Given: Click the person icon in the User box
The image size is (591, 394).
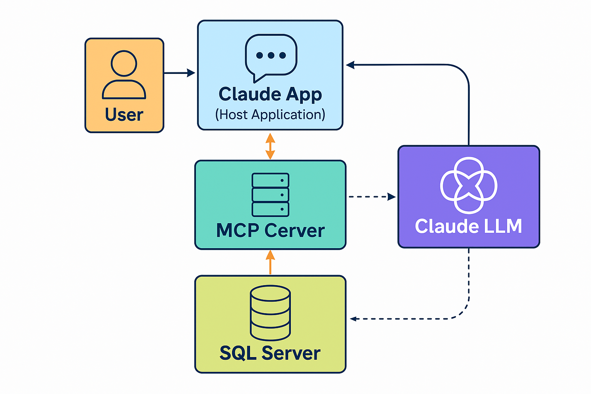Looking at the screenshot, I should [124, 75].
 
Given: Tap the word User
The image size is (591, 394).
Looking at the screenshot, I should [124, 115].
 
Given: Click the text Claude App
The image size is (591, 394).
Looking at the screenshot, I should [270, 94].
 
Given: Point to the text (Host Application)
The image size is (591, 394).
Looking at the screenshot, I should [270, 115].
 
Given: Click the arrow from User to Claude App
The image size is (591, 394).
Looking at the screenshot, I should [180, 73].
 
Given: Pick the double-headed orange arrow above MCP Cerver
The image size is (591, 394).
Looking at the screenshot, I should [270, 146].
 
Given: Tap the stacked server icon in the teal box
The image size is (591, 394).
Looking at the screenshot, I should [270, 195].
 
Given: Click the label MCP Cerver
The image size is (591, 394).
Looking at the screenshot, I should [270, 230].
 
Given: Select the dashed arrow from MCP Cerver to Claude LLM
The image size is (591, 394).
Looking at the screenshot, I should [372, 197].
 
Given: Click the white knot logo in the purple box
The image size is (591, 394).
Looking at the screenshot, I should [469, 185].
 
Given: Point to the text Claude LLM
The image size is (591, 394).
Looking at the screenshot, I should [468, 226].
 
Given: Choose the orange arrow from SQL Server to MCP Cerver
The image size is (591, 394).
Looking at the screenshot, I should [270, 262].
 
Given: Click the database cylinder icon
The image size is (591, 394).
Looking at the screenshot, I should [270, 312].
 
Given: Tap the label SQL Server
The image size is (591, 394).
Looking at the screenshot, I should [270, 353].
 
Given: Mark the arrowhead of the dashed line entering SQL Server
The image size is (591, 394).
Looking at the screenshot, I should [353, 319].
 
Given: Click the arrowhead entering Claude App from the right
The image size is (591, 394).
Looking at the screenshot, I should [350, 65].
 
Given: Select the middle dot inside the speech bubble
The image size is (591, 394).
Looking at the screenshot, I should [271, 55].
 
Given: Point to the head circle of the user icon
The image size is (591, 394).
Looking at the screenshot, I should [124, 63].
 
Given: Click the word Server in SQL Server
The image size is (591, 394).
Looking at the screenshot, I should [291, 353].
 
